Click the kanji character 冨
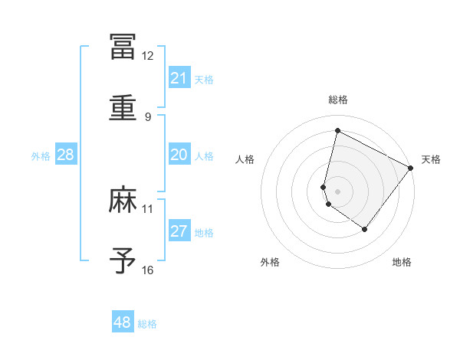click(123, 47)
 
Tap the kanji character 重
click(123, 109)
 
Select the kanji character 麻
click(123, 201)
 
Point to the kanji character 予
click(123, 262)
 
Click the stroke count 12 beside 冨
click(147, 56)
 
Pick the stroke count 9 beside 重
click(147, 117)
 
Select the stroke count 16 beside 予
click(147, 270)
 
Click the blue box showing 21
click(179, 78)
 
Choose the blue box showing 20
click(179, 155)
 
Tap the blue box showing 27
click(179, 231)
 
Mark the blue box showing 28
click(66, 155)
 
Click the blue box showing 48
click(123, 322)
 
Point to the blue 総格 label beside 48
click(147, 324)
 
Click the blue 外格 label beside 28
click(41, 156)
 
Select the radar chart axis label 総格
click(337, 100)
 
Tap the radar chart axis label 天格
click(431, 159)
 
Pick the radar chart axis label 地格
click(402, 263)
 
